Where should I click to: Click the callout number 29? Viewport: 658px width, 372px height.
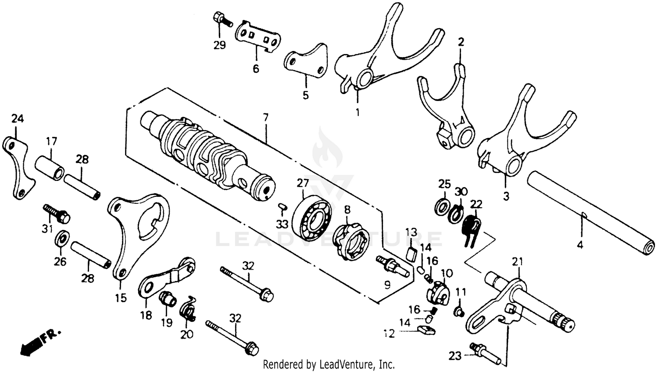pyautogui.click(x=219, y=45)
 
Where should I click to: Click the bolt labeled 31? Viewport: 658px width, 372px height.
pyautogui.click(x=56, y=212)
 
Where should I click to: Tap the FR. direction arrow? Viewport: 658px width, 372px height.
pyautogui.click(x=35, y=342)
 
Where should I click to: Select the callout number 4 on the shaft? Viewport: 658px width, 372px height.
pyautogui.click(x=580, y=245)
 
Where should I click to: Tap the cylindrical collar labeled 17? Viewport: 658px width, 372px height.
pyautogui.click(x=50, y=167)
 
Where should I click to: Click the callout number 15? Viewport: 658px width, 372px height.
pyautogui.click(x=121, y=298)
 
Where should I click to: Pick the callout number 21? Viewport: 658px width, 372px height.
pyautogui.click(x=518, y=262)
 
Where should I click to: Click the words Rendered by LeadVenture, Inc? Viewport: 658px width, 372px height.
pyautogui.click(x=329, y=364)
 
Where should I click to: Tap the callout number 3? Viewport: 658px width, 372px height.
pyautogui.click(x=506, y=196)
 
